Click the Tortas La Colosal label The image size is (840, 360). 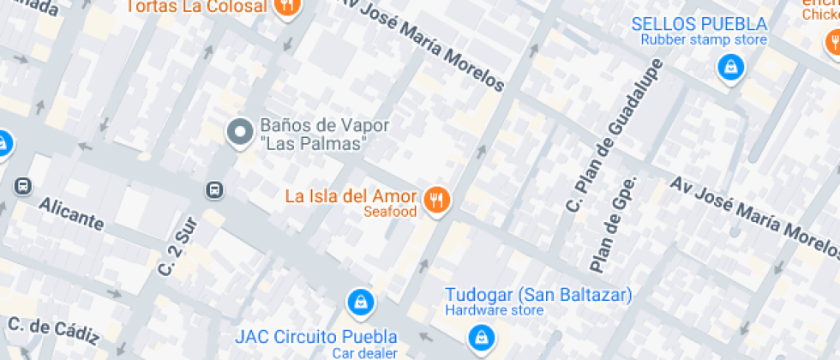[195, 8]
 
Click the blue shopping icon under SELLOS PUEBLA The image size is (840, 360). [729, 66]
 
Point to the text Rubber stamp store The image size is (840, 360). [704, 39]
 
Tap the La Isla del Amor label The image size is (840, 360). [351, 195]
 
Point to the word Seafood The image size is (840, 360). [390, 212]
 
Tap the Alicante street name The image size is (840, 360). [71, 213]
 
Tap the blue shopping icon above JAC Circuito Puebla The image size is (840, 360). [360, 302]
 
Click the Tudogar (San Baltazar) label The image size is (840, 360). [537, 295]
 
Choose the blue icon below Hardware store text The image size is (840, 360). [481, 336]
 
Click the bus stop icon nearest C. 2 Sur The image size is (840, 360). [214, 189]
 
